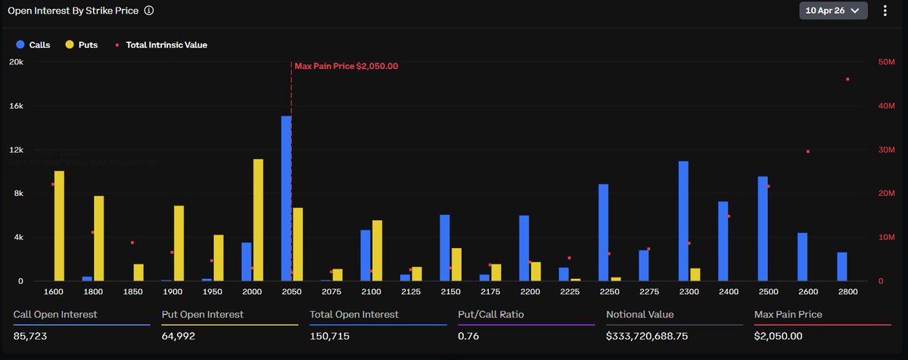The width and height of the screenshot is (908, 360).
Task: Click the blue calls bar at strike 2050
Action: coord(286,199)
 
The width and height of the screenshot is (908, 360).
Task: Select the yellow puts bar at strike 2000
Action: coord(258,220)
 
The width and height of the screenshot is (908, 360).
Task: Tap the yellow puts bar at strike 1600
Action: coord(59,226)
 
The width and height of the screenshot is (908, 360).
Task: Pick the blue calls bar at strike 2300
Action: coord(683,221)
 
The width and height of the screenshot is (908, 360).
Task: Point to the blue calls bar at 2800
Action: coord(842,266)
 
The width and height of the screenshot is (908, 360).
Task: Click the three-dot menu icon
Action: coord(885,11)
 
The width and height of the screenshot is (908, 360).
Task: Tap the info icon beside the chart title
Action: coord(149,11)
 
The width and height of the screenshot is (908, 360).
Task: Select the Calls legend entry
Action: coord(33,45)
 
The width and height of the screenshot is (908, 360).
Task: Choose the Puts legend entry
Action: coord(82,45)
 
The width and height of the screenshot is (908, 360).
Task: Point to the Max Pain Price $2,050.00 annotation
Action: coord(346,66)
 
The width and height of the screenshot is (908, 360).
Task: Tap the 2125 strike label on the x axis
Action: coord(411,291)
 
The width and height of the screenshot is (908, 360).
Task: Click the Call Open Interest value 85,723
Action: coord(31,336)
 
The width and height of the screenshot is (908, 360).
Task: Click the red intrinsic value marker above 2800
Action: coord(847,79)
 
